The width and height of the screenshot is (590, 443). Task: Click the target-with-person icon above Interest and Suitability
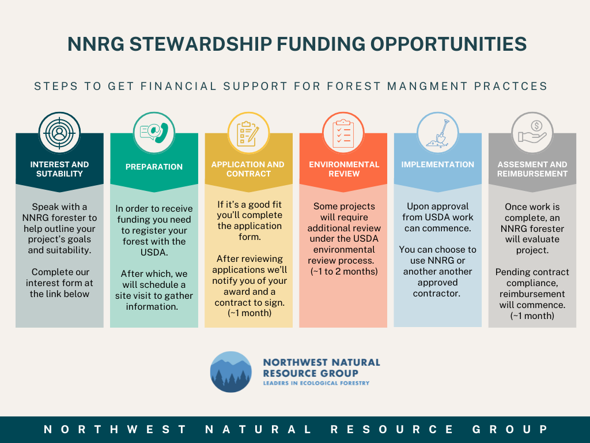(x=59, y=133)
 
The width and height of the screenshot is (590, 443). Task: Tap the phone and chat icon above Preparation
(x=154, y=133)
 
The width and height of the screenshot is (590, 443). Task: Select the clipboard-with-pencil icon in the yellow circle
(x=248, y=133)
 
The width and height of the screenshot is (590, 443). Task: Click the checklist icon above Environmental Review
(x=343, y=133)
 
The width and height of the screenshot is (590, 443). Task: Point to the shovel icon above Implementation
(x=438, y=133)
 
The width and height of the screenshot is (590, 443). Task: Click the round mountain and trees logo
(x=230, y=372)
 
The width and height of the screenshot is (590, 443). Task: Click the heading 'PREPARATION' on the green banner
(x=154, y=167)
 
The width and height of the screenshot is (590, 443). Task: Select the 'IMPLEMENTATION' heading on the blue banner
(x=438, y=164)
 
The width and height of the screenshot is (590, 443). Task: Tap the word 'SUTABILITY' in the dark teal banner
(x=59, y=174)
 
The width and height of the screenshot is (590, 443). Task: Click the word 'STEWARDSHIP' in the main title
(x=201, y=44)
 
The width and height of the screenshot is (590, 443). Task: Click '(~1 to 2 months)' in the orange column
(x=344, y=272)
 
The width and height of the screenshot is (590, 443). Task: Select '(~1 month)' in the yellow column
(x=249, y=313)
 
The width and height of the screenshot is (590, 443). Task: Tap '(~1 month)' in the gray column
(x=532, y=316)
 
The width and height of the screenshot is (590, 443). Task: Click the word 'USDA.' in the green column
(x=154, y=253)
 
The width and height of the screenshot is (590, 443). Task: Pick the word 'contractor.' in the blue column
(x=437, y=294)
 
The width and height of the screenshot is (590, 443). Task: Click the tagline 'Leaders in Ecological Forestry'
(x=316, y=383)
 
